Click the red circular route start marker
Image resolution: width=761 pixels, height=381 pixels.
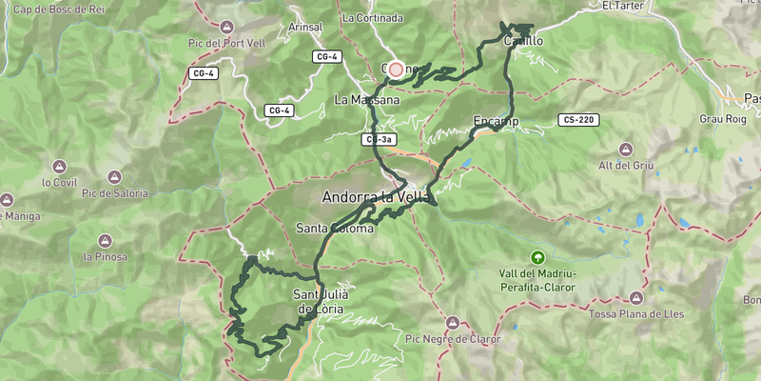tap(397, 70)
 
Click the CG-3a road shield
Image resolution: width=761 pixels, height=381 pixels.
tap(378, 140)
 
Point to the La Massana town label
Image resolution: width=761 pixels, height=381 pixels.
tap(366, 99)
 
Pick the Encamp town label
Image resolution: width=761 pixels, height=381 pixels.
tap(495, 121)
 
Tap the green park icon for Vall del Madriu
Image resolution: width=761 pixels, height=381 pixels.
tap(538, 257)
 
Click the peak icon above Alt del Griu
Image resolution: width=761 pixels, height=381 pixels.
tap(625, 150)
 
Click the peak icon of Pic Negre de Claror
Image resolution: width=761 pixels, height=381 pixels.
tap(453, 322)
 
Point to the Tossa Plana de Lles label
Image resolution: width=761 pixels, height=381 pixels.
tap(636, 314)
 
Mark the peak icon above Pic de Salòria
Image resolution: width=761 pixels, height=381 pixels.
tap(114, 177)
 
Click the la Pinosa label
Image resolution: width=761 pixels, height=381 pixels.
tap(104, 256)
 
